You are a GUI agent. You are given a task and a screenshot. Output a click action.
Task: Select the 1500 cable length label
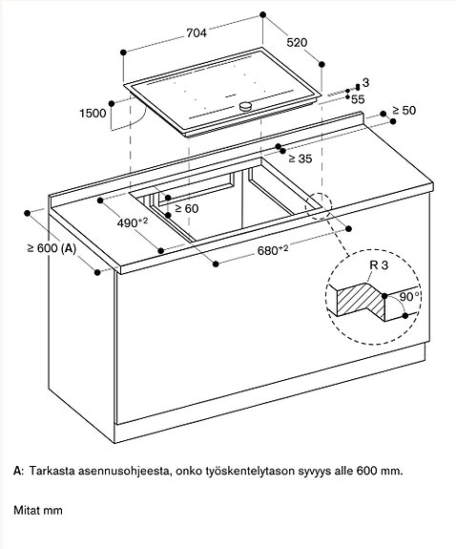click(x=92, y=114)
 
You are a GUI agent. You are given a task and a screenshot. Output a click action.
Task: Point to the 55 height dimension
click(x=359, y=98)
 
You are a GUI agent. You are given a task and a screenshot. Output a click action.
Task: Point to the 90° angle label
click(x=410, y=297)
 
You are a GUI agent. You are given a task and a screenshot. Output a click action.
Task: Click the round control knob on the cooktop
click(x=247, y=106)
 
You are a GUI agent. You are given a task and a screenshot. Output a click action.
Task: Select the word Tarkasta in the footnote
click(x=52, y=472)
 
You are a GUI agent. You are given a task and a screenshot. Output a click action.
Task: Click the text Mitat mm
click(x=38, y=511)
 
